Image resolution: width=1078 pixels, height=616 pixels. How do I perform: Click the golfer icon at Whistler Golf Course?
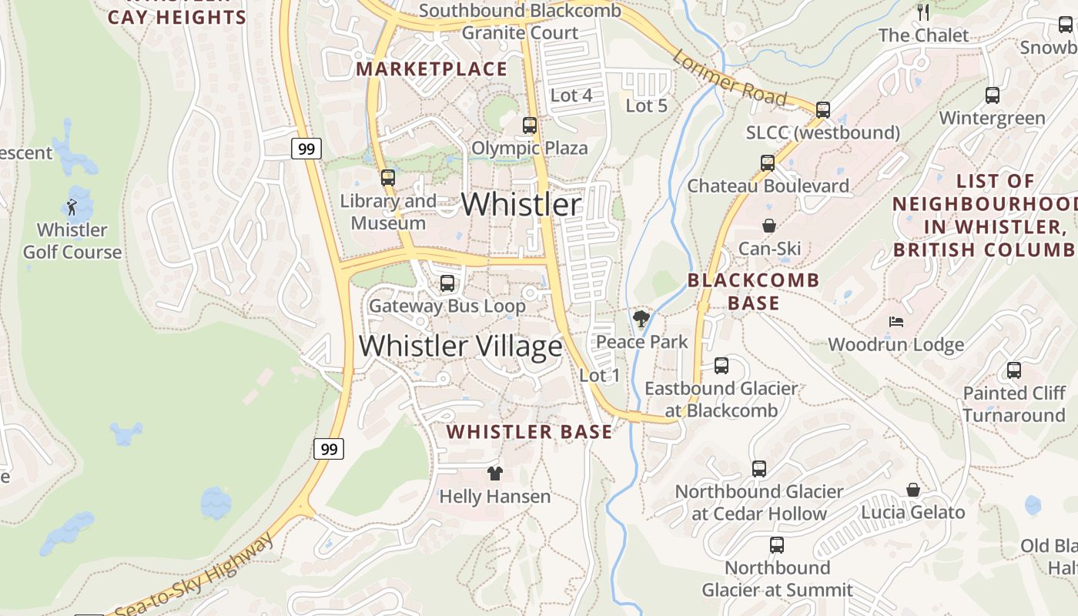pyautogui.click(x=72, y=207)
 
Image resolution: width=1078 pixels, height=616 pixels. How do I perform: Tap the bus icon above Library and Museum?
pyautogui.click(x=387, y=178)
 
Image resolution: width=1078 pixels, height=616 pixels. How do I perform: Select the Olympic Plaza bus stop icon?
pyautogui.click(x=529, y=125)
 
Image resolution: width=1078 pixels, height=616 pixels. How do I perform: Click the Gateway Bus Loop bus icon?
pyautogui.click(x=447, y=283)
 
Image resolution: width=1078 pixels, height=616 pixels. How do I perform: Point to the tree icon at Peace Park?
pyautogui.click(x=641, y=319)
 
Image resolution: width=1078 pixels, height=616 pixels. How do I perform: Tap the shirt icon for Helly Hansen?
pyautogui.click(x=494, y=474)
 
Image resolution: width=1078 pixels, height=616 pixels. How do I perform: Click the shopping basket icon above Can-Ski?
pyautogui.click(x=768, y=226)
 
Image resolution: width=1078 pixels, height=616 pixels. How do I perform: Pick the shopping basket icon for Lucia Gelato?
pyautogui.click(x=912, y=490)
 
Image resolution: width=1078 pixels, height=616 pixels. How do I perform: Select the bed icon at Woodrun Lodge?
pyautogui.click(x=896, y=322)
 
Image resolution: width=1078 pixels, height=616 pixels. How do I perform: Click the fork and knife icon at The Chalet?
pyautogui.click(x=923, y=12)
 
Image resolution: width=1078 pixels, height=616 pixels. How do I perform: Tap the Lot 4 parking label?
pyautogui.click(x=571, y=95)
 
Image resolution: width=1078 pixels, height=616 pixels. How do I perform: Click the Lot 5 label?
pyautogui.click(x=646, y=106)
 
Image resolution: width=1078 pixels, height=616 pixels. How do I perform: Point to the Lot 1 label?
pyautogui.click(x=599, y=376)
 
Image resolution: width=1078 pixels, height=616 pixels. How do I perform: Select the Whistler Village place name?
pyautogui.click(x=460, y=346)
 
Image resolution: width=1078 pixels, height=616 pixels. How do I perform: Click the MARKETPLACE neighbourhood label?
pyautogui.click(x=431, y=69)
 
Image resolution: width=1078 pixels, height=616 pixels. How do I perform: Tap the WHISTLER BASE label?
pyautogui.click(x=530, y=432)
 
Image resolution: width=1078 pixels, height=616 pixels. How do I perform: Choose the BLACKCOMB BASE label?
pyautogui.click(x=753, y=291)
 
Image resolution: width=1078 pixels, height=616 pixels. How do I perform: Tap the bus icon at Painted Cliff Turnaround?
pyautogui.click(x=1013, y=370)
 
